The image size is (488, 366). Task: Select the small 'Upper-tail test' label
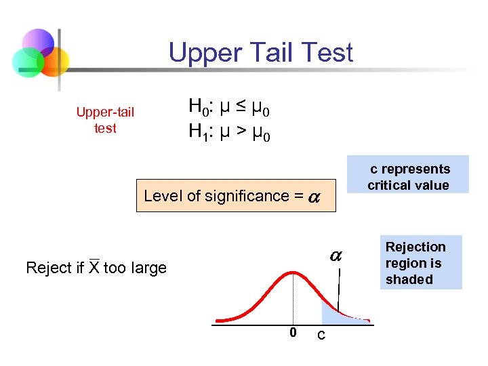point(105,120)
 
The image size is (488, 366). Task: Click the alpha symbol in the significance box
point(314,197)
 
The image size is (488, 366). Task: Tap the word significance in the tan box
point(240,196)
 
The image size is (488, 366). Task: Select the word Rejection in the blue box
point(415,247)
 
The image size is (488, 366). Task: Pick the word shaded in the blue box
point(409,279)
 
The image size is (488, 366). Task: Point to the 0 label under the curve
point(293,332)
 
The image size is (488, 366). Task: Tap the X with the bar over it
point(94,267)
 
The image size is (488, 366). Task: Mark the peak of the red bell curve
point(293,272)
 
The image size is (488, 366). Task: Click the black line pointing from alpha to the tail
point(338,288)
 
